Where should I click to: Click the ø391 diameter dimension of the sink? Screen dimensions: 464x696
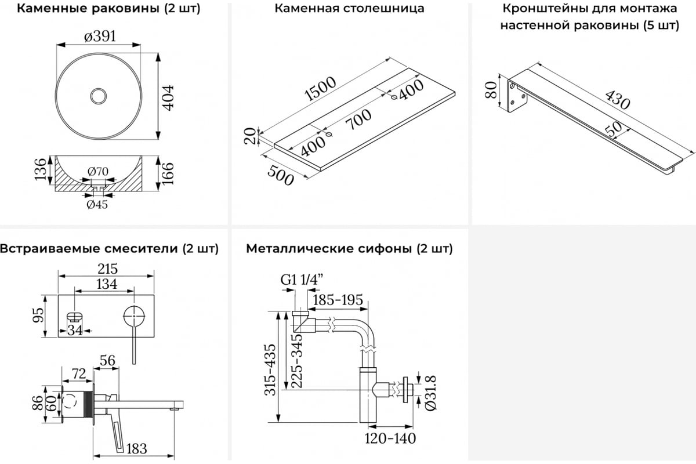[100, 36]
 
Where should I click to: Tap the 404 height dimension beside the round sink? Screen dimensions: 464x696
[169, 96]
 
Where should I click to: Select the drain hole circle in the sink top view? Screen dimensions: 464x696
[100, 96]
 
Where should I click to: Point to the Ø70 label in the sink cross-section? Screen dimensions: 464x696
[99, 172]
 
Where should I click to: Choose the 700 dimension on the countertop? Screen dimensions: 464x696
[358, 123]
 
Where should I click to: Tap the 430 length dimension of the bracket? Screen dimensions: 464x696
[617, 100]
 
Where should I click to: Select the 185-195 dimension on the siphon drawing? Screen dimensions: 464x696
[338, 300]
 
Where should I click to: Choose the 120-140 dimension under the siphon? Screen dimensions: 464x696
[390, 438]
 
